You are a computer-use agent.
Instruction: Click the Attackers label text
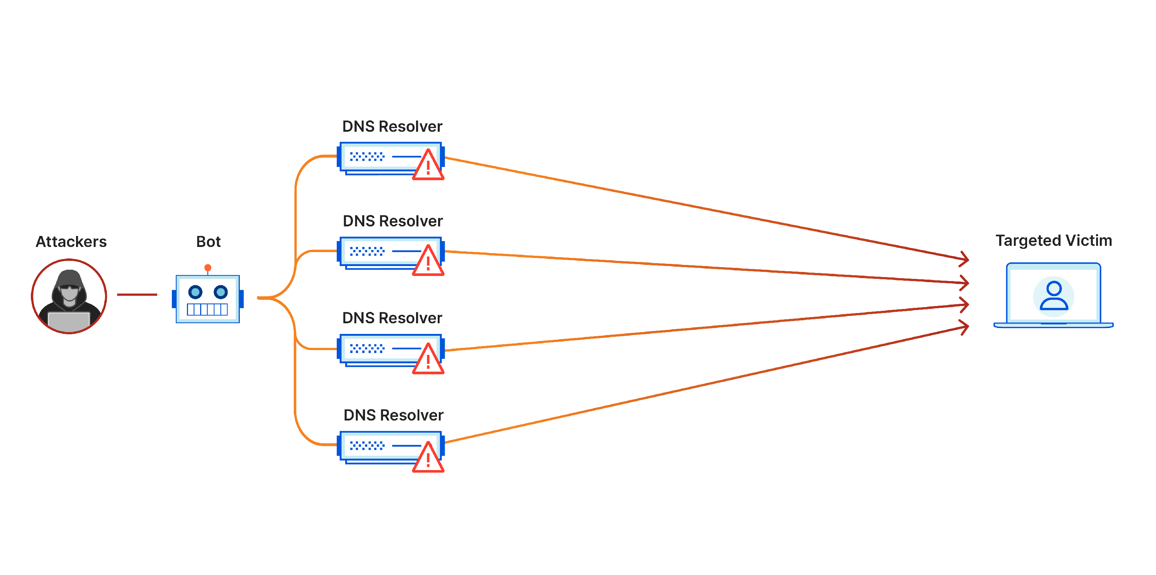(x=71, y=242)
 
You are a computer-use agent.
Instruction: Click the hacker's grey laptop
(x=69, y=321)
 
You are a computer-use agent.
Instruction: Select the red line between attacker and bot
(x=137, y=295)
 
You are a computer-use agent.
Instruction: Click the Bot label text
(x=208, y=242)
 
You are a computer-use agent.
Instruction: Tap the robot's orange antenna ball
(x=208, y=268)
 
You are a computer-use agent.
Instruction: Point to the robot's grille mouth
(x=207, y=309)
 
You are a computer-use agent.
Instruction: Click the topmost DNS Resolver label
(x=392, y=127)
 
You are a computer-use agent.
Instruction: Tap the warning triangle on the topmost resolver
(x=428, y=166)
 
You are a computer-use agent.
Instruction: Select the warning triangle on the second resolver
(x=428, y=262)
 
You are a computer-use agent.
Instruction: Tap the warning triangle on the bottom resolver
(x=428, y=459)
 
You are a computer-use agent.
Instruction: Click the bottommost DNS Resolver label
(x=393, y=415)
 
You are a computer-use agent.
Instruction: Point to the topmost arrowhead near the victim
(x=964, y=258)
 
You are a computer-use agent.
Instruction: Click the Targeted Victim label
(x=1053, y=240)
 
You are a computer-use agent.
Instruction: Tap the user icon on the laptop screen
(x=1053, y=296)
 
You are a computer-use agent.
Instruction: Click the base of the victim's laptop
(x=1053, y=325)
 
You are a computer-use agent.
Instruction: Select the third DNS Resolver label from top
(x=392, y=318)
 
